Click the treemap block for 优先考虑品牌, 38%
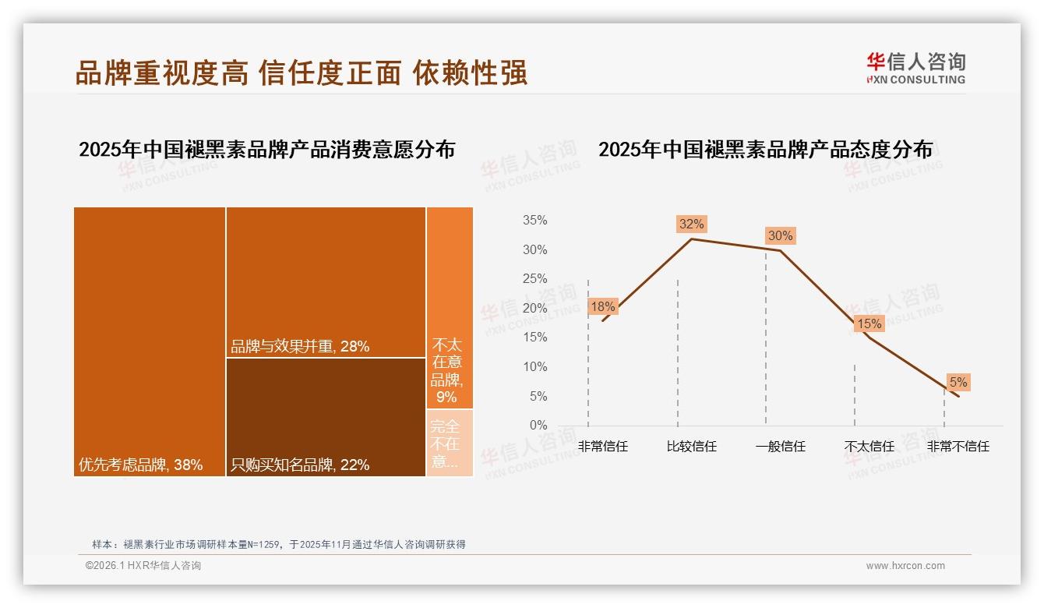[150, 341]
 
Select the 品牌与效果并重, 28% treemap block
[326, 282]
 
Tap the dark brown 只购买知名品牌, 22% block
[326, 416]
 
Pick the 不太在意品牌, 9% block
[450, 308]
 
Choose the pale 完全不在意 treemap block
[450, 442]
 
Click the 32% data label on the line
[691, 224]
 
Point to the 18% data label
[602, 306]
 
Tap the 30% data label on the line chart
[780, 235]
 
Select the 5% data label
[958, 382]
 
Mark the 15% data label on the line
[869, 323]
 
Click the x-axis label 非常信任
[602, 447]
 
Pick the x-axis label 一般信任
[780, 447]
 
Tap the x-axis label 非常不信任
[958, 447]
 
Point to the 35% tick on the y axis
[534, 221]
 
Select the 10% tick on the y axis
[534, 366]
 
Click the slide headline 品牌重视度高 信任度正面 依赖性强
[302, 72]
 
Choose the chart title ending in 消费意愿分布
[266, 150]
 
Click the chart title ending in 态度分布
[765, 150]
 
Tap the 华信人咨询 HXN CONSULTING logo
[915, 68]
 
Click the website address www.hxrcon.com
[905, 566]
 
